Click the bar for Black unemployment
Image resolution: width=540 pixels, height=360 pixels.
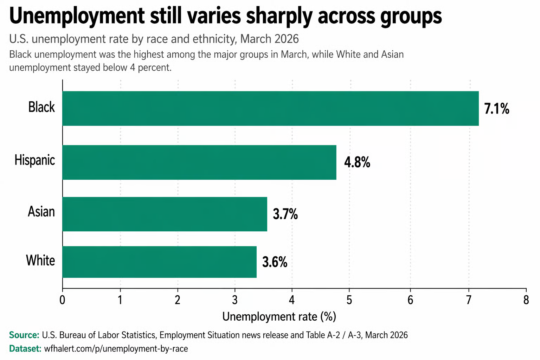[270, 108]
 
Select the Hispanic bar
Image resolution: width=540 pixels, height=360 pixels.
[199, 162]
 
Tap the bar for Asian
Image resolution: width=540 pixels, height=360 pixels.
[165, 214]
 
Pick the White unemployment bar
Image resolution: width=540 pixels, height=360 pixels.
[159, 262]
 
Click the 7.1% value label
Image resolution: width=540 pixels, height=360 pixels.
[496, 109]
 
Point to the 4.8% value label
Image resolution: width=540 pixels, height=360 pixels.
[357, 162]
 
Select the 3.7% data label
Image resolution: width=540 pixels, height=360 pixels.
[285, 214]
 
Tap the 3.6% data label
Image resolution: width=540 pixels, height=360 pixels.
[275, 262]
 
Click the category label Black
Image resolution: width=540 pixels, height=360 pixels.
[41, 107]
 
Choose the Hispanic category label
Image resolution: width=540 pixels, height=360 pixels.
[35, 160]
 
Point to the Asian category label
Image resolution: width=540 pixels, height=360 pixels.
[41, 212]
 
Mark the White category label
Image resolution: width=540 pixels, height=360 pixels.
[40, 261]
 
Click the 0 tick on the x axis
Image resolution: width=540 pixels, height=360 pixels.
[63, 300]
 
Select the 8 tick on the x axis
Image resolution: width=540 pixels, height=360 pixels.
[526, 300]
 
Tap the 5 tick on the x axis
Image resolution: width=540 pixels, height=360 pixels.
[349, 300]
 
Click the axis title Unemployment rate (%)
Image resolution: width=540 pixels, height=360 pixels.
[279, 317]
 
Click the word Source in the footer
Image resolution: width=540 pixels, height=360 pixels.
[24, 335]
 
